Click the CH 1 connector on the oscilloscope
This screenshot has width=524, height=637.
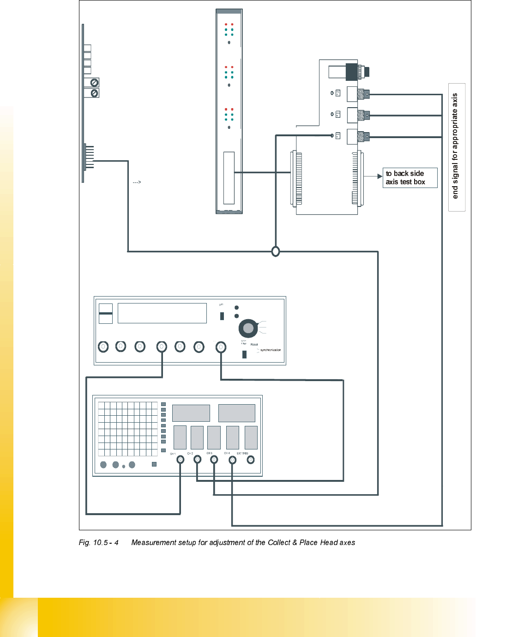point(181,459)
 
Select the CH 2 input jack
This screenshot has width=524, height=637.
point(197,459)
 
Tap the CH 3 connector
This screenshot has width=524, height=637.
point(214,459)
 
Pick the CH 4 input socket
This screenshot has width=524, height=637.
point(232,460)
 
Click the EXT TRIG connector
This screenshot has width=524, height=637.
point(251,459)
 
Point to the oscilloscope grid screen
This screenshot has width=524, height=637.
point(128,429)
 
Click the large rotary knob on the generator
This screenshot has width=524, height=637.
point(248,328)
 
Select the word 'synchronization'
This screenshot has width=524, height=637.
point(270,350)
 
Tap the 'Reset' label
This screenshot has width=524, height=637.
point(254,345)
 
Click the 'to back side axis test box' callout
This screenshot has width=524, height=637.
point(410,178)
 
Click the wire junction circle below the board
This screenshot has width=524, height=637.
point(276,251)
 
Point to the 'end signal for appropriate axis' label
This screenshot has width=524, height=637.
point(455,146)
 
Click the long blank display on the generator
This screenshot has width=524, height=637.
point(162,313)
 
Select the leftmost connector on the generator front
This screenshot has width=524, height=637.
point(103,346)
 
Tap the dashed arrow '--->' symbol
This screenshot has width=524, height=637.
point(137,182)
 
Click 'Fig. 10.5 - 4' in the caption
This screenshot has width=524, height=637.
point(98,542)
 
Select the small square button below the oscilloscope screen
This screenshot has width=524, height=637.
point(154,464)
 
